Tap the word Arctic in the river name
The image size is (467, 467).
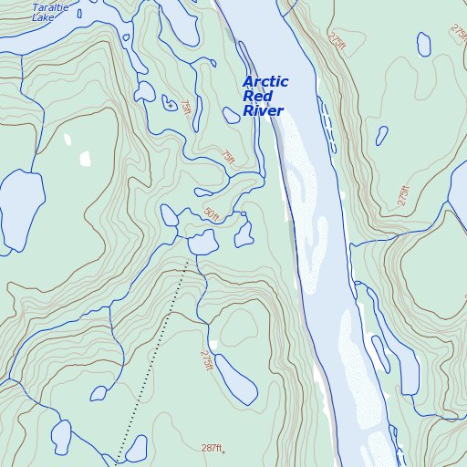click(x=265, y=82)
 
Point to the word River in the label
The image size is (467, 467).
click(x=263, y=111)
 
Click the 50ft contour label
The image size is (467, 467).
click(x=212, y=215)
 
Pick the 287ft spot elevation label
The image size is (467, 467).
click(x=210, y=448)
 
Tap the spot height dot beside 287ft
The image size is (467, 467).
click(x=223, y=451)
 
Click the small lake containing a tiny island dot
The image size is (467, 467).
click(x=169, y=105)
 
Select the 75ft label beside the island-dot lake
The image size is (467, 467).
click(x=186, y=109)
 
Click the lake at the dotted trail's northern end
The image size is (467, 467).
click(x=202, y=243)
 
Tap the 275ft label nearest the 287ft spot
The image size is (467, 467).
click(x=207, y=360)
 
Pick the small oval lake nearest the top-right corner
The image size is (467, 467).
click(x=423, y=43)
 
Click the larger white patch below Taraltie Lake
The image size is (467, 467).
click(x=85, y=159)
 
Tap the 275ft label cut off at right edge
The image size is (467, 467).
click(x=457, y=31)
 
